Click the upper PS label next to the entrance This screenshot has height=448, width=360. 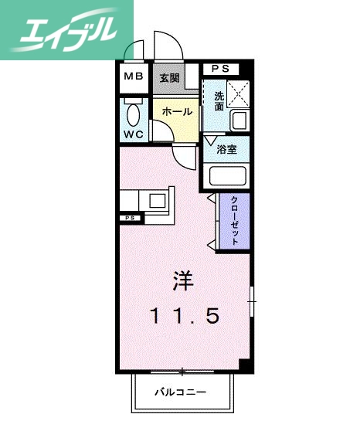pos(220,69)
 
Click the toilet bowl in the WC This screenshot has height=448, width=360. pos(133,115)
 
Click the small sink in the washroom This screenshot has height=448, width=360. pos(239,121)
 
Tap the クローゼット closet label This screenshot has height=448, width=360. pos(233,219)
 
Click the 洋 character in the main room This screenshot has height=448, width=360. pos(182,280)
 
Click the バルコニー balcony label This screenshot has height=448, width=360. pos(178,392)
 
